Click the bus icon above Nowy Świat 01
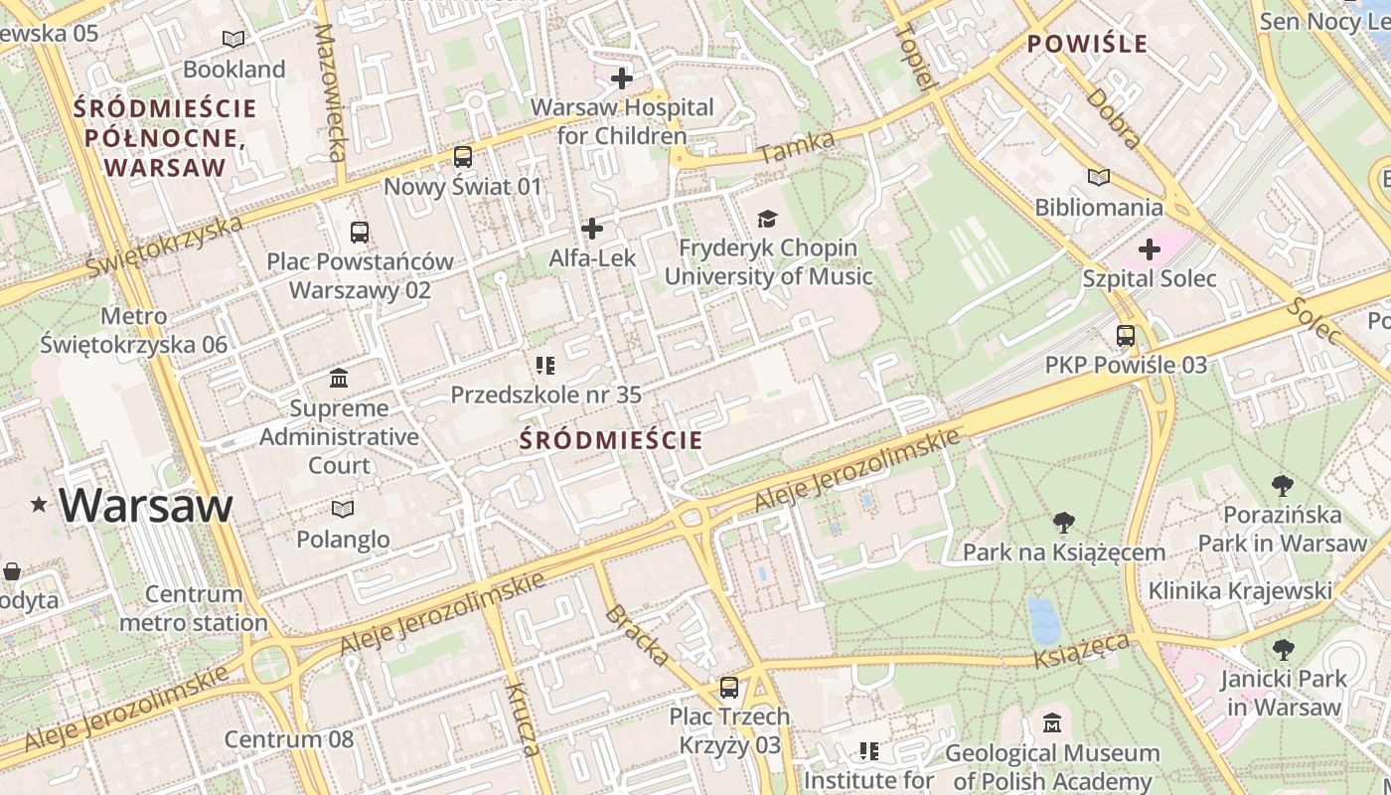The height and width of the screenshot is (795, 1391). click(x=462, y=157)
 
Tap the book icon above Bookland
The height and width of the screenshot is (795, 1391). click(x=233, y=40)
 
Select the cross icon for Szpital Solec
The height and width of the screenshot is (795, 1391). click(x=1150, y=248)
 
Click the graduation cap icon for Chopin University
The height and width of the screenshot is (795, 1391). click(x=766, y=219)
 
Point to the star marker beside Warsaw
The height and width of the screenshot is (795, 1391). click(x=39, y=505)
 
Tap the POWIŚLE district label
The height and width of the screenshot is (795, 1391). click(x=1087, y=44)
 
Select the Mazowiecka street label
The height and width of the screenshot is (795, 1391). click(x=330, y=91)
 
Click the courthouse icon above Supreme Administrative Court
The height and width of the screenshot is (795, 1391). click(x=339, y=379)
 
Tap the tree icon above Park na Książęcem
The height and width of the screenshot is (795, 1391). click(x=1063, y=522)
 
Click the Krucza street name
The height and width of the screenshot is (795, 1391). click(x=524, y=718)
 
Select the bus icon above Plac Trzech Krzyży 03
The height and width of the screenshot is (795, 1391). click(x=729, y=687)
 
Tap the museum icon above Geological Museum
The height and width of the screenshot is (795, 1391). click(x=1052, y=723)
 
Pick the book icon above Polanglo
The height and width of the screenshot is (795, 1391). click(x=343, y=510)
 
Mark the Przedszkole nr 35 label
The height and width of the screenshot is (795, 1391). click(x=545, y=395)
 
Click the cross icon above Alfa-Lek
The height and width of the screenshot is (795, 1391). click(x=592, y=230)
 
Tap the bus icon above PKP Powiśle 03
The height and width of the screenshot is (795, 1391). click(x=1126, y=336)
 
